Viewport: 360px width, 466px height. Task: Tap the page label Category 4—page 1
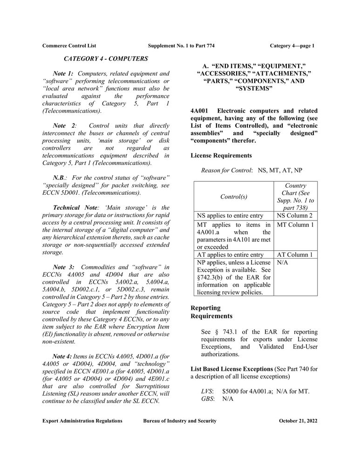tap(292, 46)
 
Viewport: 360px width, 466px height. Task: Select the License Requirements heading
tap(221, 155)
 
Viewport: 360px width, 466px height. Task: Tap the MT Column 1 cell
tap(295, 225)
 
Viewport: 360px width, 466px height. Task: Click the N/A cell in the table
tap(282, 263)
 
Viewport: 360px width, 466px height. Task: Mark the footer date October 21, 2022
tap(298, 421)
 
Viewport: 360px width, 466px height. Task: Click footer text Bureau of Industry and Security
tap(180, 421)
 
